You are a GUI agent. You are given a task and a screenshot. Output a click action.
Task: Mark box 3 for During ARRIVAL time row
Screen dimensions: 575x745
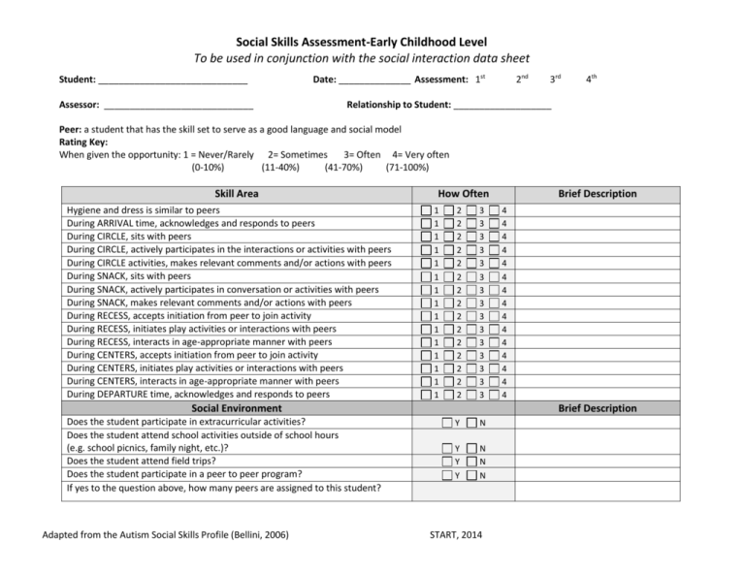point(473,223)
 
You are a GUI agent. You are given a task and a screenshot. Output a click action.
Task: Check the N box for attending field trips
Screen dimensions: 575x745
point(472,462)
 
